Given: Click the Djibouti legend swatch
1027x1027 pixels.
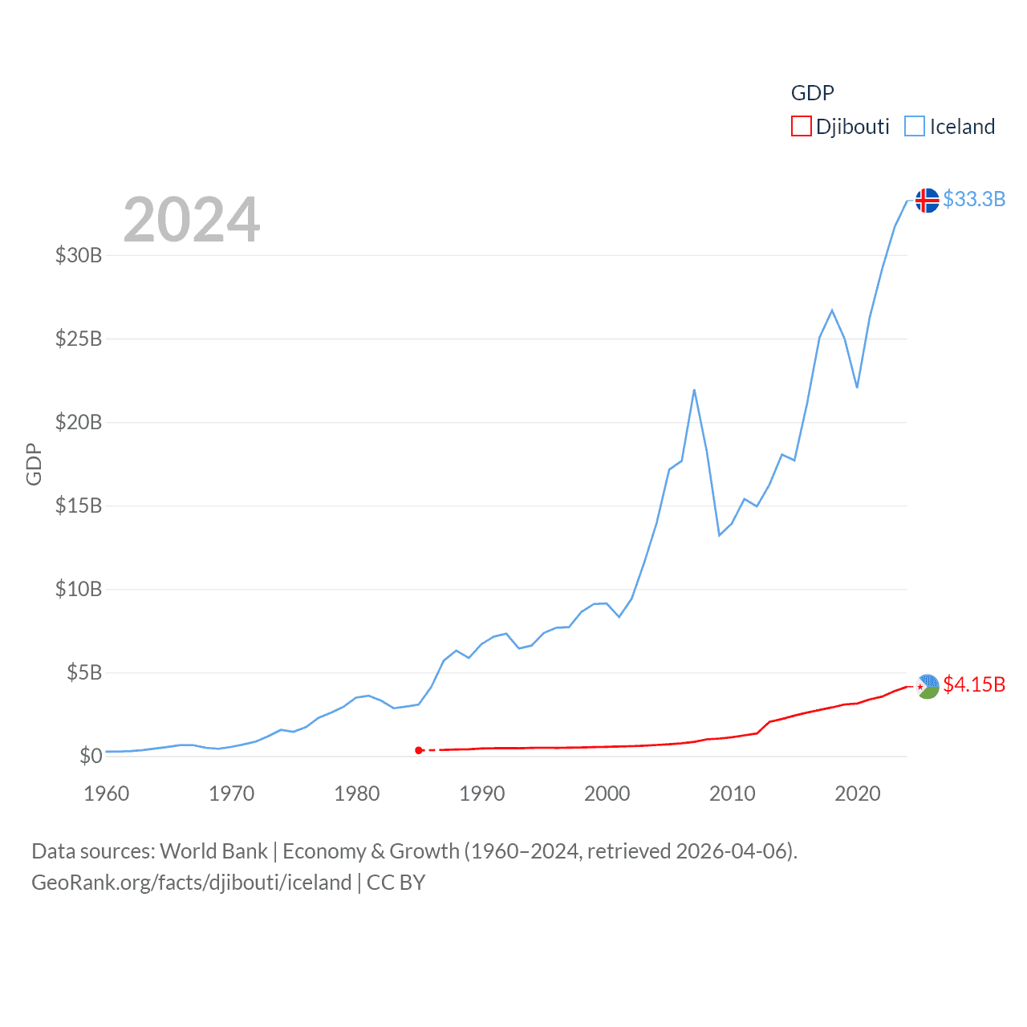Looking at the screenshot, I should (801, 127).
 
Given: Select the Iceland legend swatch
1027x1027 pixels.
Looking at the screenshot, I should (915, 127).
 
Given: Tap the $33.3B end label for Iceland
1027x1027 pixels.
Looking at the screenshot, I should (974, 199).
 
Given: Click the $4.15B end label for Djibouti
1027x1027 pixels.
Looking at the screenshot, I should (974, 684).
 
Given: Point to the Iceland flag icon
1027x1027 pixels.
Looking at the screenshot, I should (927, 200).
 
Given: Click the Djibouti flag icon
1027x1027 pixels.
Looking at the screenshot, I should (927, 686).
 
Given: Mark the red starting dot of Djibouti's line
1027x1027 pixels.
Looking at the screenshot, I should (419, 750).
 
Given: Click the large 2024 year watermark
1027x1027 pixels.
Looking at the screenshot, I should (192, 219).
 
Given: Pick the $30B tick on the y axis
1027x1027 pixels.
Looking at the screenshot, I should (79, 255).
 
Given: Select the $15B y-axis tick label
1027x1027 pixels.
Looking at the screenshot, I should (79, 505).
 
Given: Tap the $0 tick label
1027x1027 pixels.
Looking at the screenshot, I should (91, 756).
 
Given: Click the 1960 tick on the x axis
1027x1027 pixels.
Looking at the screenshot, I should (107, 794).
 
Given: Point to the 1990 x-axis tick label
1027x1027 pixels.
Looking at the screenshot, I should (482, 794).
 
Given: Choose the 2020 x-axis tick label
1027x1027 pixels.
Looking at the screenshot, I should (858, 794).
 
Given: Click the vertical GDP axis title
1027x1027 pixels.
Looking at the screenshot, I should (34, 464).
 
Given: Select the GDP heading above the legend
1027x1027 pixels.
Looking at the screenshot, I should (812, 93).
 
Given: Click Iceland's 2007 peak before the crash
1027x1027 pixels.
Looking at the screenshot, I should (694, 390).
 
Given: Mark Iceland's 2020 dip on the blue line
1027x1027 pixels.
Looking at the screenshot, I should (857, 388).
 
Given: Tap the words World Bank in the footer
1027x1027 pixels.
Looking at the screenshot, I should (213, 850).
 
